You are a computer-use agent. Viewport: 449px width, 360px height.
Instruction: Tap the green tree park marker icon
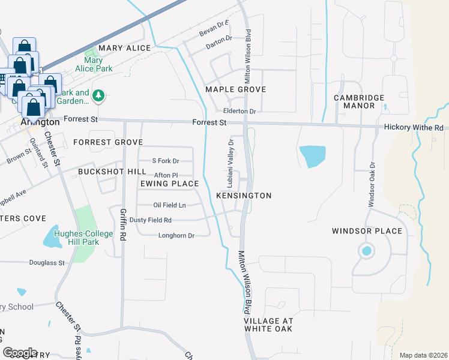click(x=100, y=95)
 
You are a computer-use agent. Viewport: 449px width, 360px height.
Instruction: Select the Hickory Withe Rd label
click(x=413, y=128)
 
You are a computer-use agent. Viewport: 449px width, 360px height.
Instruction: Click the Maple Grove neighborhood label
click(x=235, y=89)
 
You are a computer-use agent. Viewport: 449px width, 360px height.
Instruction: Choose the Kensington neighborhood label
click(x=244, y=196)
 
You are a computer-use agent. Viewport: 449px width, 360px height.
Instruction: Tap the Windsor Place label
click(x=358, y=231)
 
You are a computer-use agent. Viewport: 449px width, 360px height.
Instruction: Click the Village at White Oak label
click(x=268, y=325)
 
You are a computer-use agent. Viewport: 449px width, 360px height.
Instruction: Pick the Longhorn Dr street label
click(x=176, y=236)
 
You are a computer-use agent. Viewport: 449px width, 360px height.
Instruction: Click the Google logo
click(x=20, y=353)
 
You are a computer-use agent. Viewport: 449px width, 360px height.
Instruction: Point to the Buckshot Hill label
click(x=104, y=171)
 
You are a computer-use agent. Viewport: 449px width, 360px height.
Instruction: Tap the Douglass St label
click(x=47, y=263)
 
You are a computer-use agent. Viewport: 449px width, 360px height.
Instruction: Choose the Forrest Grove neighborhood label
click(x=108, y=142)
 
